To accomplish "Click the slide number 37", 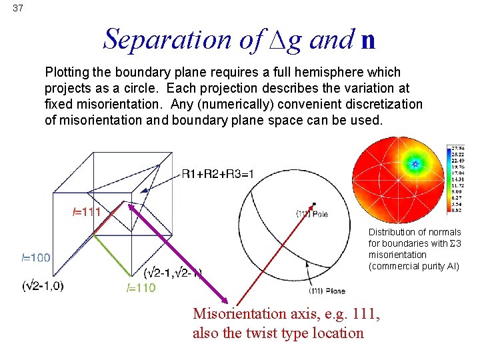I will pyautogui.click(x=18, y=8).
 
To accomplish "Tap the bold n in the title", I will pyautogui.click(x=367, y=41).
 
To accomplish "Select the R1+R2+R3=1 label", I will pyautogui.click(x=217, y=175).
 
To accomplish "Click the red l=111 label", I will pyautogui.click(x=87, y=212).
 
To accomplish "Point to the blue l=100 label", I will pyautogui.click(x=35, y=257).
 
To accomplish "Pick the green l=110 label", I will pyautogui.click(x=141, y=288).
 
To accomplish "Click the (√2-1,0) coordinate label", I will pyautogui.click(x=43, y=286).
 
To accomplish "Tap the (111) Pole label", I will pyautogui.click(x=312, y=213).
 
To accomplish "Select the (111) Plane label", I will pyautogui.click(x=327, y=290).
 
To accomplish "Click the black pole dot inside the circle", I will pyautogui.click(x=314, y=204).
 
